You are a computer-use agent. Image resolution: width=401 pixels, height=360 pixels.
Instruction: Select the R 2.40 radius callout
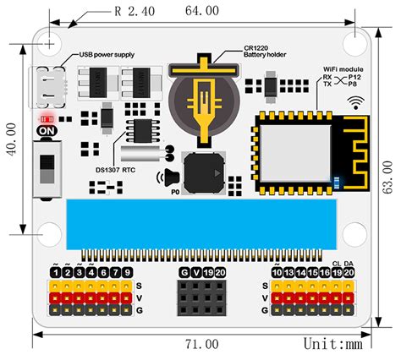(134, 12)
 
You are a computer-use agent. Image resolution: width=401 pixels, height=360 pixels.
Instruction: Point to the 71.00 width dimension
(201, 345)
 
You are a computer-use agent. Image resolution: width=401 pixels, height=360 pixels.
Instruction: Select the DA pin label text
(349, 264)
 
